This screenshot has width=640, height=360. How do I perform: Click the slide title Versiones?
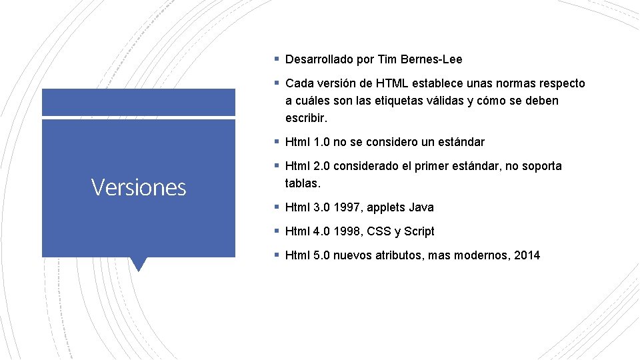click(139, 187)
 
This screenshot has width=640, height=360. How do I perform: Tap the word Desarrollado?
click(319, 59)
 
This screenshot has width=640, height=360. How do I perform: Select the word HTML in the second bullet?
click(393, 83)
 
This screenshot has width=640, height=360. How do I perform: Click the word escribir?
click(306, 118)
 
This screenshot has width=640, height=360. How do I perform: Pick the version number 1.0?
click(322, 142)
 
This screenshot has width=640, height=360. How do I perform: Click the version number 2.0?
click(322, 166)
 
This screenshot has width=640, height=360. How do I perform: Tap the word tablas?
click(303, 183)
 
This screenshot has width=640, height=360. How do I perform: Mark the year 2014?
click(527, 255)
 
